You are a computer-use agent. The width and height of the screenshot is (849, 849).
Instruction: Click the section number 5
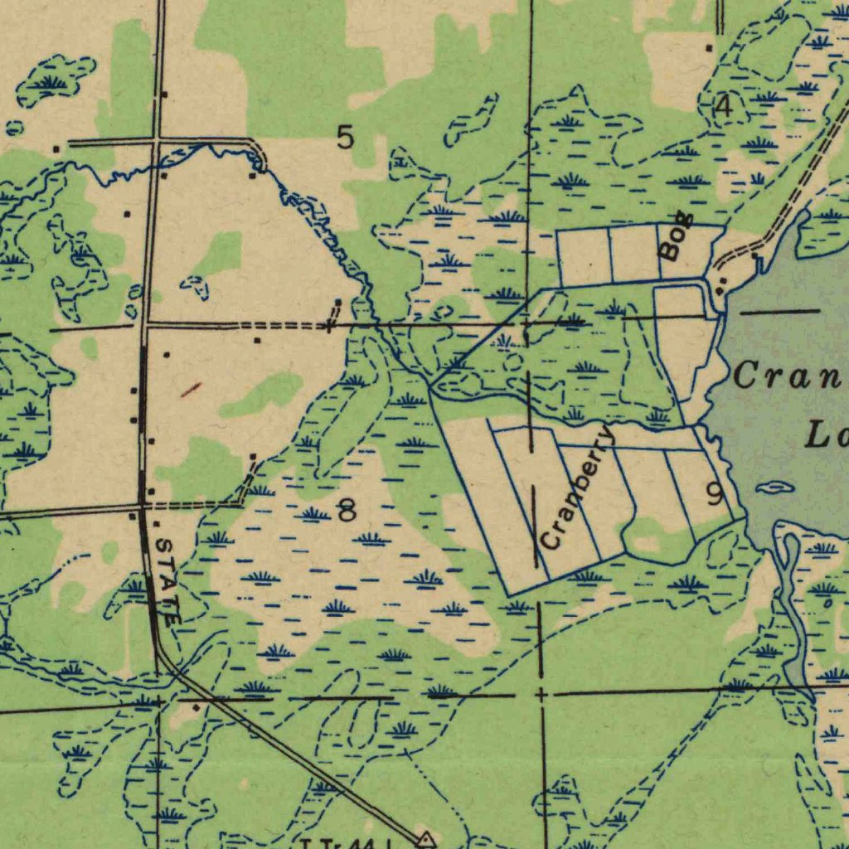coord(346,138)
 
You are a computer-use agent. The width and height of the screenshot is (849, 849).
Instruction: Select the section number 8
coord(347,511)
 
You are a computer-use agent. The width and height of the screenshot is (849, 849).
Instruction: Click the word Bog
coord(677,242)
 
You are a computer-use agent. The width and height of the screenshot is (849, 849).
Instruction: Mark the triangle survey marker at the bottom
coord(426,840)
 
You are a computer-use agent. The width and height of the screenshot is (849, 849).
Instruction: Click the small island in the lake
coord(774,488)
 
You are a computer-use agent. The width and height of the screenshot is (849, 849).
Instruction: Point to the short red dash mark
coord(191,388)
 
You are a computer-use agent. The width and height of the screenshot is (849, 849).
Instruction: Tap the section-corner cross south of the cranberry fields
coord(541,692)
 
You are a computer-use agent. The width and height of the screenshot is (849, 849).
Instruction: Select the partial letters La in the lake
coord(825,433)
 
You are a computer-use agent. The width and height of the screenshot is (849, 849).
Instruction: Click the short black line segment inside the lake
coord(779,312)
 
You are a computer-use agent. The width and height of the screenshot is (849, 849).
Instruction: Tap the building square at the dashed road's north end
coord(337,303)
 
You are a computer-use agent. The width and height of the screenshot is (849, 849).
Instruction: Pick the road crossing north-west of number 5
coord(156,142)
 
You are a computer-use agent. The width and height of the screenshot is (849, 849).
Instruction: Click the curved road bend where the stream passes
coord(259,156)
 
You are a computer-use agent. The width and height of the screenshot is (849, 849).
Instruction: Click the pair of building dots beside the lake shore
coord(720,284)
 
